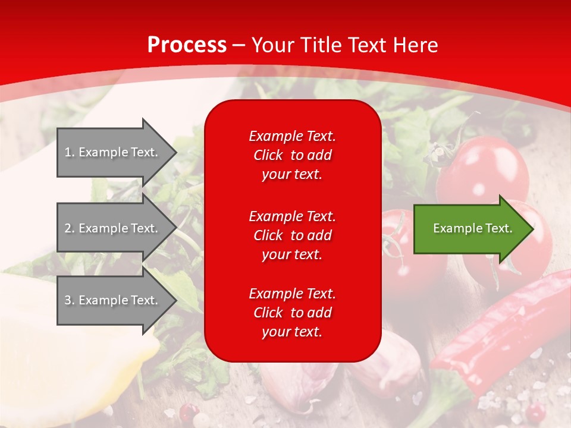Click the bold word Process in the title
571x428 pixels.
pos(187,45)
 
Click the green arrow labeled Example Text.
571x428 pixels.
pos(470,229)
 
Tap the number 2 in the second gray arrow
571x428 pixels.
pos(67,228)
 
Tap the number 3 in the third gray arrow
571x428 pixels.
pos(67,300)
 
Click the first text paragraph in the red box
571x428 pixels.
pos(292,155)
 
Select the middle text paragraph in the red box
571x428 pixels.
pos(292,235)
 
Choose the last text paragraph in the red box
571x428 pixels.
pos(292,313)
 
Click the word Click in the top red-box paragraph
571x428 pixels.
pos(268,155)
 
